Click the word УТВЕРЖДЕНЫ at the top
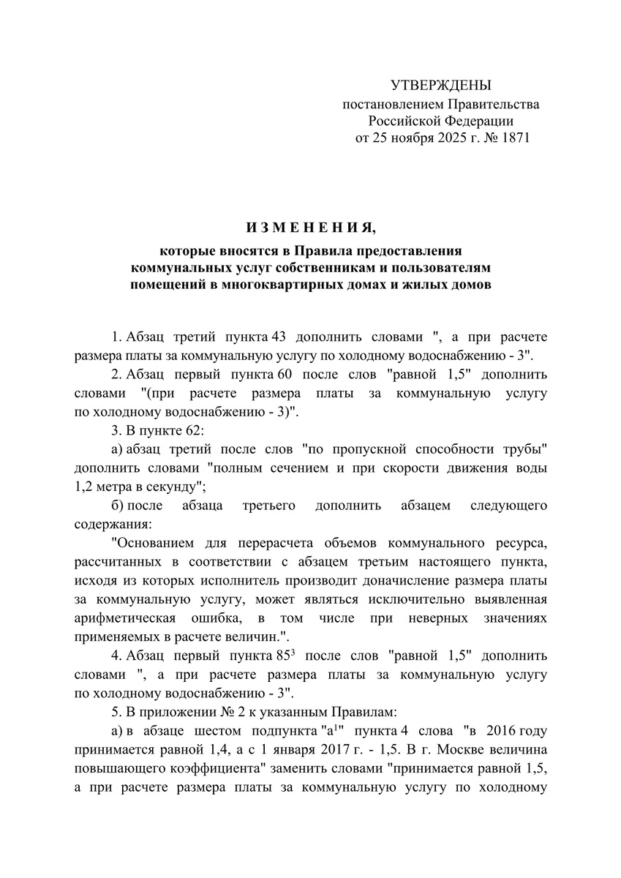(441, 86)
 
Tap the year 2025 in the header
(455, 137)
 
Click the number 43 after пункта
(278, 337)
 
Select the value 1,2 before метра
(85, 487)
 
